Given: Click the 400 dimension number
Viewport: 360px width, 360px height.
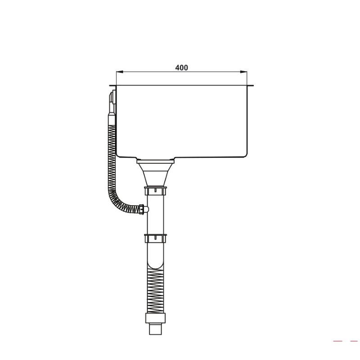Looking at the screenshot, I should pyautogui.click(x=181, y=68).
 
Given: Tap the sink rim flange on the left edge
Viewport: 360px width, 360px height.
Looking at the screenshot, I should pyautogui.click(x=112, y=86).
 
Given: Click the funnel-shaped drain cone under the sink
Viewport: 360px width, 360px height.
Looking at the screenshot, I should pyautogui.click(x=155, y=173).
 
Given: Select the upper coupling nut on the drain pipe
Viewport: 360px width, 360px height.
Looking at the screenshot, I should pyautogui.click(x=156, y=191).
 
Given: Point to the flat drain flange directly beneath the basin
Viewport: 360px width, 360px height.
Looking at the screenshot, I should pyautogui.click(x=155, y=160).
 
